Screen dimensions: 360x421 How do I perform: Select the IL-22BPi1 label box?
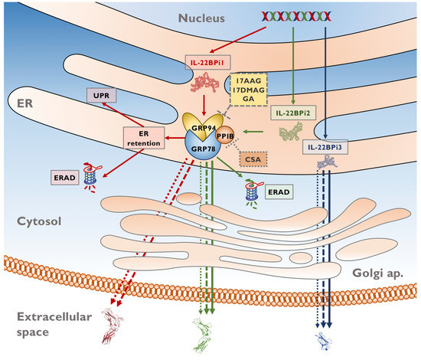[x=207, y=61]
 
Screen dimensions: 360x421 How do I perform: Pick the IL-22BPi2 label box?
[x=290, y=113]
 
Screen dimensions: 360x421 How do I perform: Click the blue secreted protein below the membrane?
[x=324, y=336]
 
